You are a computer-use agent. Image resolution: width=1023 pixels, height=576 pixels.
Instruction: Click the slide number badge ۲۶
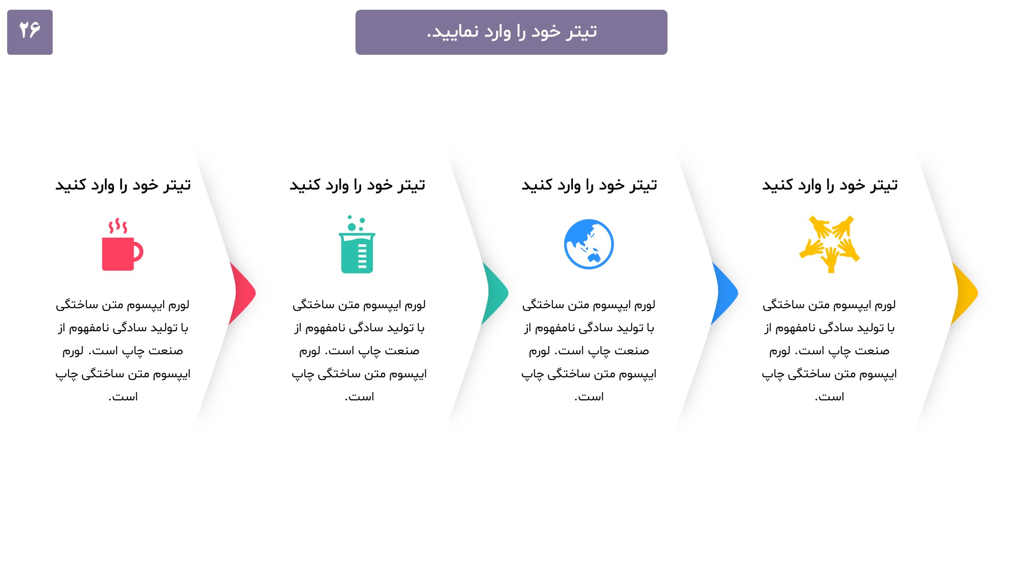click(x=30, y=32)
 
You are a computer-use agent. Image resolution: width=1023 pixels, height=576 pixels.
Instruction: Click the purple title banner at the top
click(x=511, y=32)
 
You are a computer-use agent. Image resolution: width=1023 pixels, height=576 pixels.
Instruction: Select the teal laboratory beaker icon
click(x=357, y=244)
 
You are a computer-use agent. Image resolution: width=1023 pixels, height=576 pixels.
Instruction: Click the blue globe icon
click(x=589, y=244)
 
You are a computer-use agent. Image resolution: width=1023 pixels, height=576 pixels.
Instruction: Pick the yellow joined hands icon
click(x=830, y=244)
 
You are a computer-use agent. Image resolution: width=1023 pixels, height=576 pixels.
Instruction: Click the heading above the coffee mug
click(x=123, y=185)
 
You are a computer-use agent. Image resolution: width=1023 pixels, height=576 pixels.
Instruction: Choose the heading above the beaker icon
click(x=358, y=185)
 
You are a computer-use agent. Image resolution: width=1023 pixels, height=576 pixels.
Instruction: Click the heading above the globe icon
click(x=589, y=185)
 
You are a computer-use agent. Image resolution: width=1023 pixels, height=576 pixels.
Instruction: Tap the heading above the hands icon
click(x=830, y=185)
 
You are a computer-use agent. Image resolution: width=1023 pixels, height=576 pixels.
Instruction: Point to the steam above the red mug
click(x=118, y=226)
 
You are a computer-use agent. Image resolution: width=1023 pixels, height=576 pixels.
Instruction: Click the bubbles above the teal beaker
click(x=355, y=223)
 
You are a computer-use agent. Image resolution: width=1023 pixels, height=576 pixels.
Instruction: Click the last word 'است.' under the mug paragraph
click(x=123, y=397)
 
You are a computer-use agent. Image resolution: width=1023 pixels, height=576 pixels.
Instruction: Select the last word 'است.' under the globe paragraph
click(x=589, y=397)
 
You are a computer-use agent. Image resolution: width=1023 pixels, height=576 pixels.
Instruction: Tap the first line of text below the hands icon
click(x=829, y=305)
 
